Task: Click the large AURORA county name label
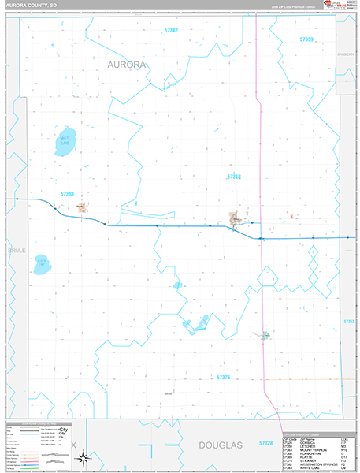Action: [x=127, y=65]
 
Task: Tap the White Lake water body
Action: [x=66, y=140]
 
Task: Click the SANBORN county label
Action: [x=346, y=54]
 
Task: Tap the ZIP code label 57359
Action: [x=307, y=39]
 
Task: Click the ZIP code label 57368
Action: [x=234, y=177]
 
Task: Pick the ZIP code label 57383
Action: [x=67, y=194]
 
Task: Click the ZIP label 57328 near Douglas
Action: [x=265, y=444]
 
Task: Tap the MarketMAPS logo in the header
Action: [x=336, y=6]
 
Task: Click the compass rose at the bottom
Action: [x=87, y=458]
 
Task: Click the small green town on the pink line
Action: [x=265, y=335]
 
